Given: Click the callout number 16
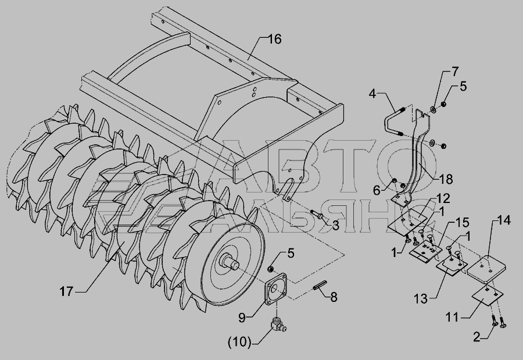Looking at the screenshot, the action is [x=274, y=39].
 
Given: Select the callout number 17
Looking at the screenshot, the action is [x=66, y=291].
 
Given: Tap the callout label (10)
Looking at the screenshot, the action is [x=239, y=342].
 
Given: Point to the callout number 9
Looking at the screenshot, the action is [x=242, y=318].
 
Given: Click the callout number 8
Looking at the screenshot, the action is [x=333, y=297].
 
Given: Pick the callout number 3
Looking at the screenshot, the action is [x=335, y=226].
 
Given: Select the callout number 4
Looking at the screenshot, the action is [x=372, y=94].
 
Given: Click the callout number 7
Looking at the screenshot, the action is [x=455, y=72].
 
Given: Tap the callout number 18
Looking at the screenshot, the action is [x=446, y=179].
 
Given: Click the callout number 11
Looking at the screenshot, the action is [x=453, y=316].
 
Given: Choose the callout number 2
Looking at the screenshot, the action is [x=477, y=337].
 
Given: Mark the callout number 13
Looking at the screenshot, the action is [x=421, y=298].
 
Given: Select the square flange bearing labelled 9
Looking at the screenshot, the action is [x=276, y=289].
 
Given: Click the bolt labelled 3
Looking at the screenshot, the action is [x=317, y=215].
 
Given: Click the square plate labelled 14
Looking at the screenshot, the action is [x=486, y=267].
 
